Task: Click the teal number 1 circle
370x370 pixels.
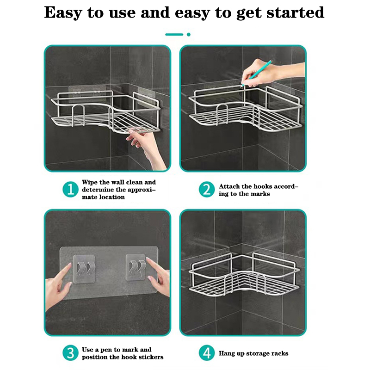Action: click(70, 189)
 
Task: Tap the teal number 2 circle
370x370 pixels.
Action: click(207, 189)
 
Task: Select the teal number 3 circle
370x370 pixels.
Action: click(70, 353)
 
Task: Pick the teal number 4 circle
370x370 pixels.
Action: click(207, 353)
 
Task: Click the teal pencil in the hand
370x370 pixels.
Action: click(257, 73)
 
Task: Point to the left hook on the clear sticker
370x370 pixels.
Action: click(84, 269)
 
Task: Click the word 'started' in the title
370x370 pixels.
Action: click(295, 12)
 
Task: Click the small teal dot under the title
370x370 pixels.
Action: click(189, 34)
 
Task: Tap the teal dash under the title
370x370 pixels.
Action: click(174, 34)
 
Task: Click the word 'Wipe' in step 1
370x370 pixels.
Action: click(90, 182)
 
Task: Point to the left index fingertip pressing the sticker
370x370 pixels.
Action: click(70, 264)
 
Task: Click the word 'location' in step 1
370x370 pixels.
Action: click(111, 197)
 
